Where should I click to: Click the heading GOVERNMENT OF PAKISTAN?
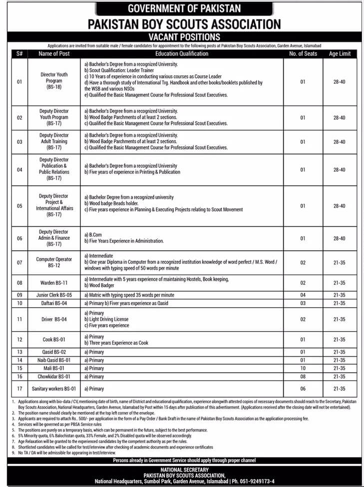click(184, 8)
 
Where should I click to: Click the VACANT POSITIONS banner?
click(184, 36)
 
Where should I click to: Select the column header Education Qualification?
click(182, 53)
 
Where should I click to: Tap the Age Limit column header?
click(339, 53)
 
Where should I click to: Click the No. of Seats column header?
click(303, 53)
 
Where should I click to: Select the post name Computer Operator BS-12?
click(54, 263)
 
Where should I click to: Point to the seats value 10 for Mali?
click(303, 368)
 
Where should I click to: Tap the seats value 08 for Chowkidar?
click(303, 376)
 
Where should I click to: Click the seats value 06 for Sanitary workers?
click(303, 389)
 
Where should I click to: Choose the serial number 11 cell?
click(19, 319)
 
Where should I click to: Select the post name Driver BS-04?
click(54, 319)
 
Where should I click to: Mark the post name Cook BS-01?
click(54, 340)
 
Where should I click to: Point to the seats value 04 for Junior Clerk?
click(303, 295)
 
